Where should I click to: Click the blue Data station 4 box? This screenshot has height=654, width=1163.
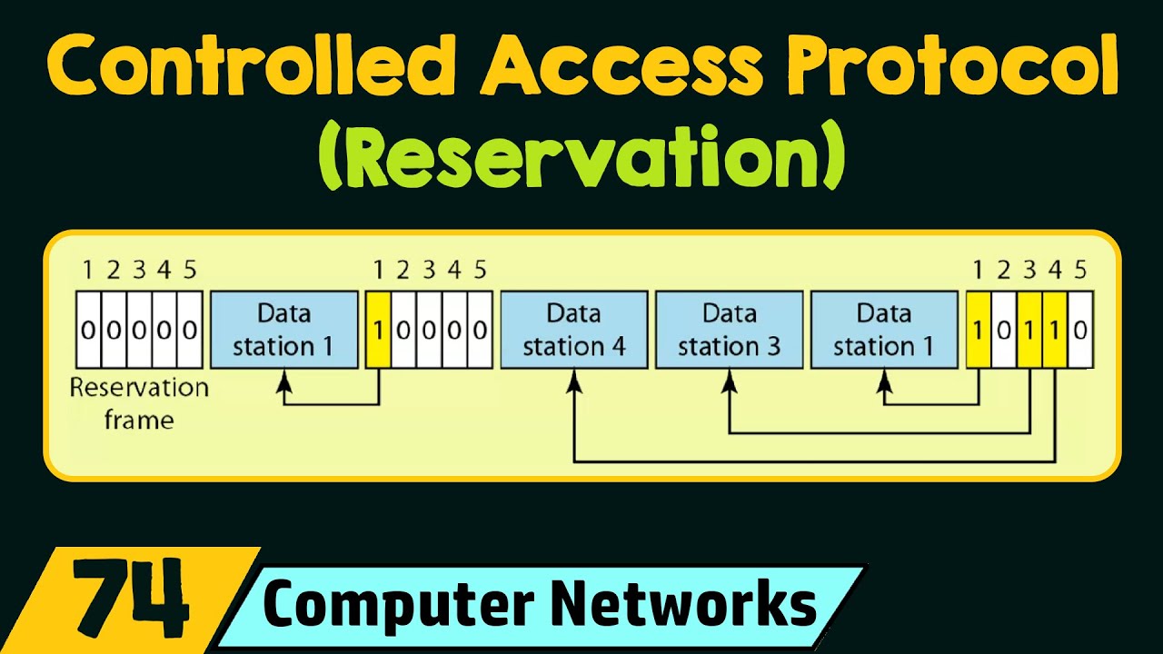(x=574, y=330)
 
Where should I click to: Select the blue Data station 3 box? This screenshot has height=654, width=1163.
(x=729, y=330)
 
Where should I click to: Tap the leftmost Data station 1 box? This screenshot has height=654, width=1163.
(x=284, y=330)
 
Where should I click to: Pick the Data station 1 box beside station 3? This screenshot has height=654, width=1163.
(x=883, y=330)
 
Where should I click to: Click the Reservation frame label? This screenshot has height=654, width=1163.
(x=139, y=403)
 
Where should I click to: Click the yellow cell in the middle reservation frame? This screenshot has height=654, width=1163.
(x=378, y=330)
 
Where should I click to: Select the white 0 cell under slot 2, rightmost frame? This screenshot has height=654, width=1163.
(x=1003, y=330)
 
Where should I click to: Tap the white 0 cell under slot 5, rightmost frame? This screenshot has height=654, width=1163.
(x=1080, y=330)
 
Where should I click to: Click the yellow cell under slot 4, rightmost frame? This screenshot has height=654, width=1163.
(x=1055, y=330)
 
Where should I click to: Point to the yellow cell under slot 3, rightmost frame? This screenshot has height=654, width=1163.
(x=1029, y=330)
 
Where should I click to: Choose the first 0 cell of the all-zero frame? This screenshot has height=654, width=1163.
(x=87, y=330)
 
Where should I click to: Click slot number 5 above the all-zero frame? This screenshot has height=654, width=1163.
(x=189, y=270)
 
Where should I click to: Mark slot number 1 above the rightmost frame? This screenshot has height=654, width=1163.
(x=978, y=270)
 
